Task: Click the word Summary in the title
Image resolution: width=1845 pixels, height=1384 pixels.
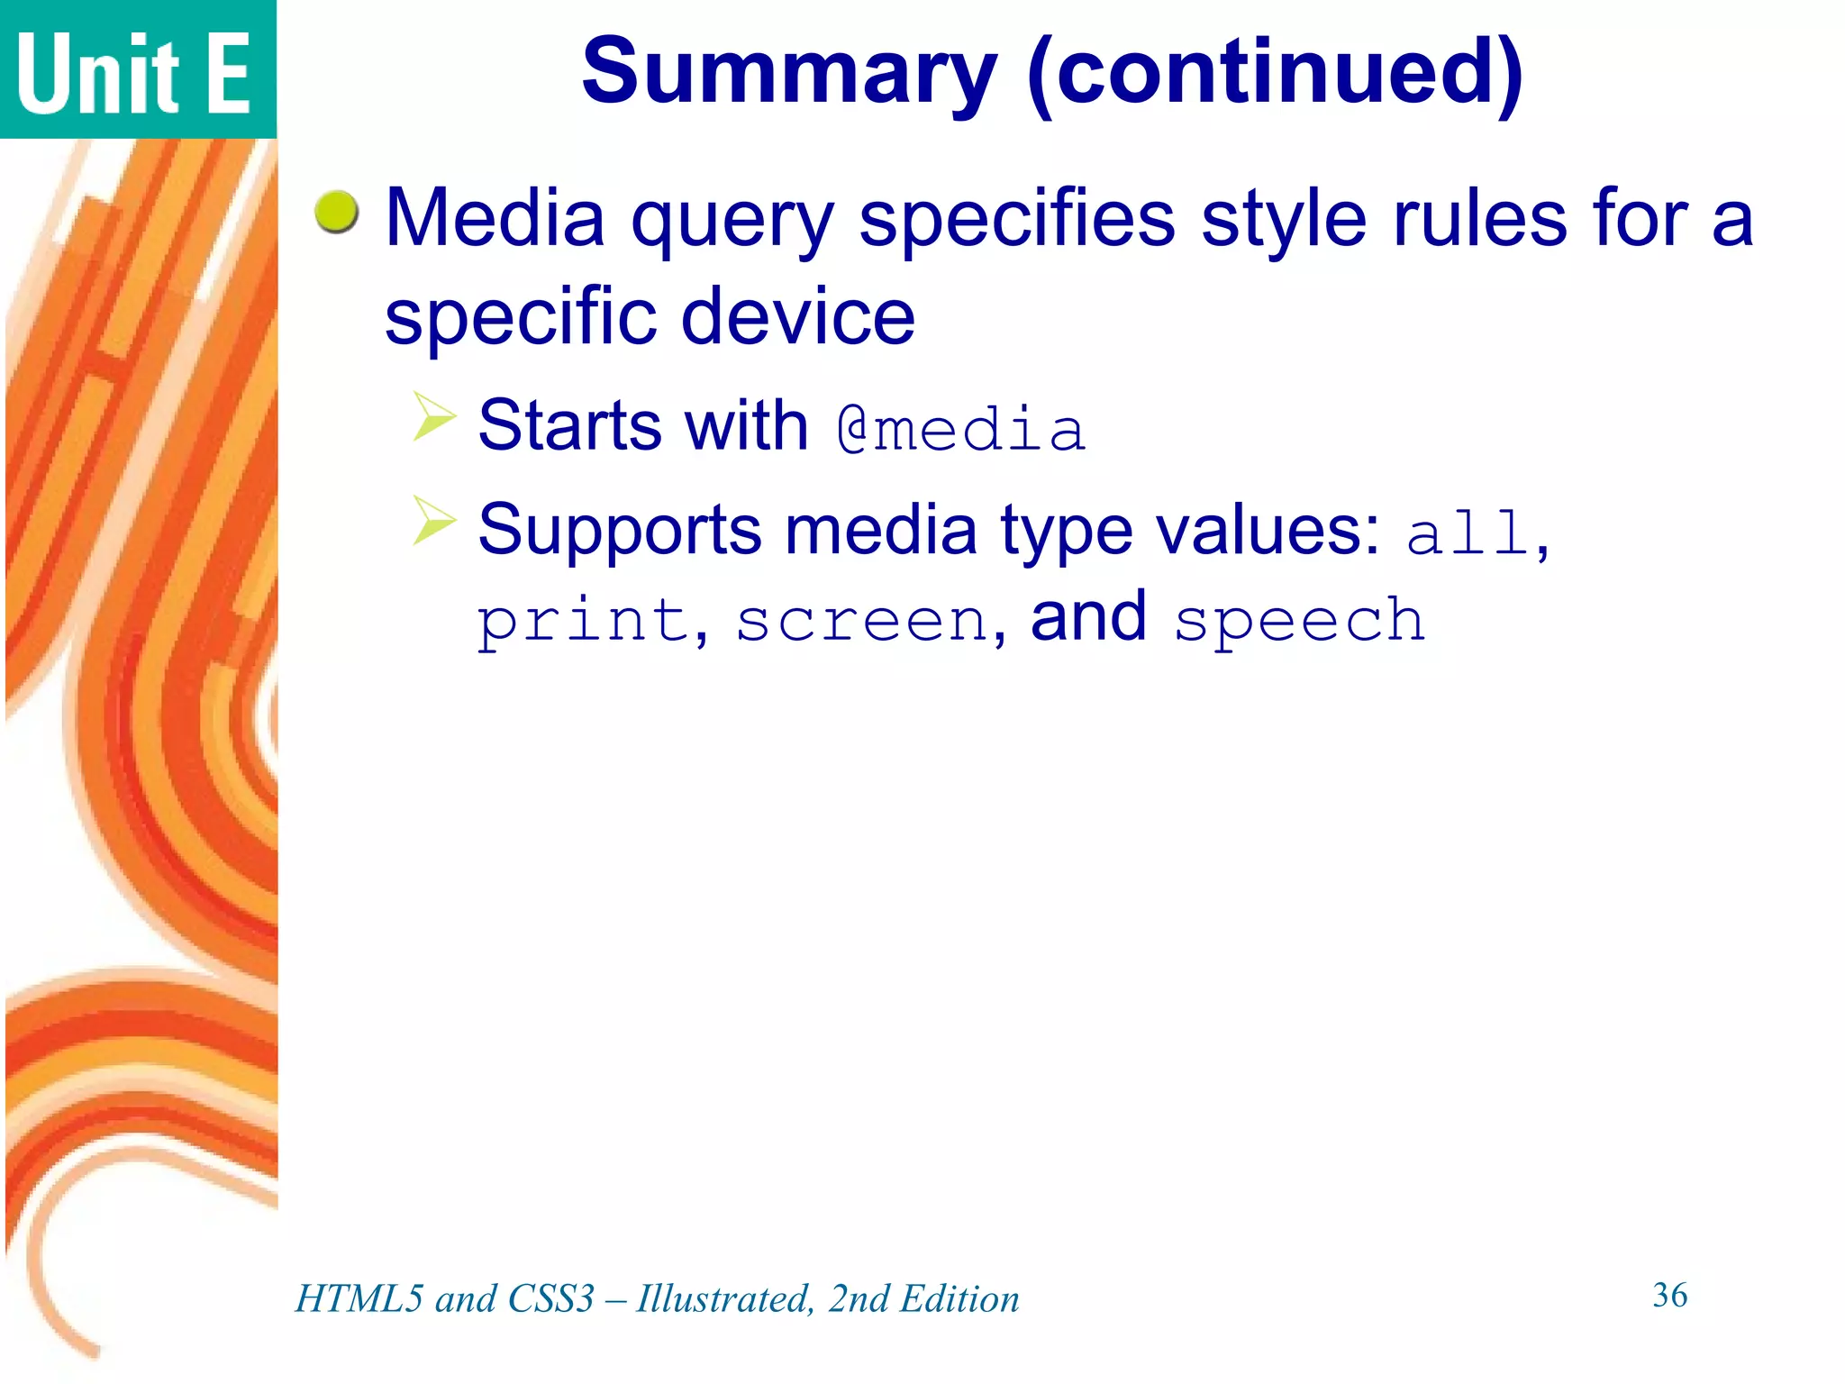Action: pyautogui.click(x=789, y=72)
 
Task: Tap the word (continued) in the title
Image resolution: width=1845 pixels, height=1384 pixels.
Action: pyautogui.click(x=1274, y=72)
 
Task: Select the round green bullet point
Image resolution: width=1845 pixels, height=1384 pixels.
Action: pyautogui.click(x=337, y=213)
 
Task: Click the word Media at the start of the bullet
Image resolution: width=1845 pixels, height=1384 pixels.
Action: pyautogui.click(x=495, y=218)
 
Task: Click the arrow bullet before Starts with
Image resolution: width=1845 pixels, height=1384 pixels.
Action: pyautogui.click(x=435, y=416)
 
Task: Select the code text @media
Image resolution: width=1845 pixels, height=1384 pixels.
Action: pyautogui.click(x=960, y=429)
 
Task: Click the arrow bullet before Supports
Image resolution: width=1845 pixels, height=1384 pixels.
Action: pyautogui.click(x=435, y=520)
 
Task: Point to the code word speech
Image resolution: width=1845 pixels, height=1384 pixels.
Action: pyautogui.click(x=1299, y=622)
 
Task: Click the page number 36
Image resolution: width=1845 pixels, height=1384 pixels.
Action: pyautogui.click(x=1669, y=1295)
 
